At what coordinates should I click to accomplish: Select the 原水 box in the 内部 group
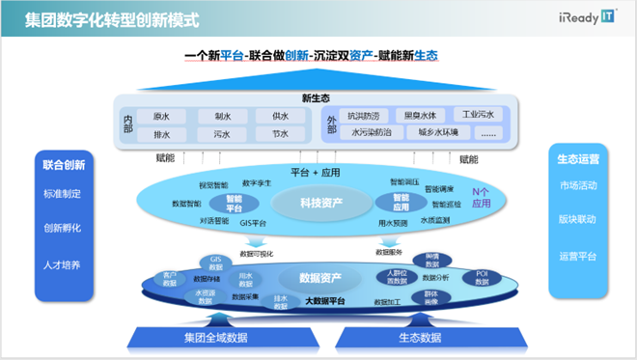(x=161, y=116)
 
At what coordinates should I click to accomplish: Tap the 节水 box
(x=280, y=135)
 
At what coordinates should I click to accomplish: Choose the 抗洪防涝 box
(x=370, y=115)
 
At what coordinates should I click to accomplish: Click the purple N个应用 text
(x=482, y=198)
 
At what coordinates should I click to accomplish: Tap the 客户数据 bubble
(x=171, y=279)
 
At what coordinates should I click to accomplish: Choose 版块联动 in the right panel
(x=577, y=219)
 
